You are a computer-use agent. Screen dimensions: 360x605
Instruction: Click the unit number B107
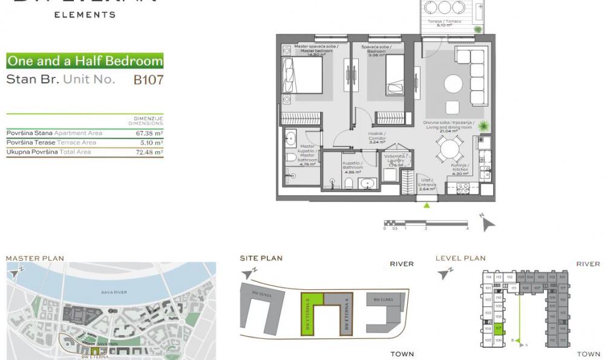click(148, 79)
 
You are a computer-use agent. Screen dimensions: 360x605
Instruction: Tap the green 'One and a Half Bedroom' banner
click(85, 61)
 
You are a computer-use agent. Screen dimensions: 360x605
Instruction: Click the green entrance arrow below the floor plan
click(428, 205)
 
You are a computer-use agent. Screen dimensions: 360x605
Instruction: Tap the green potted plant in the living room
click(483, 126)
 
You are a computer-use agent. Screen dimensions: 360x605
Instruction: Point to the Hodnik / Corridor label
click(377, 138)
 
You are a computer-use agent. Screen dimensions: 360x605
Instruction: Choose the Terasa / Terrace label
click(445, 23)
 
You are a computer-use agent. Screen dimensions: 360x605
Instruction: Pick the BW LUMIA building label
click(385, 299)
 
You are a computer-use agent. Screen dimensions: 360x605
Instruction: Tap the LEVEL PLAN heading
click(460, 258)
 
